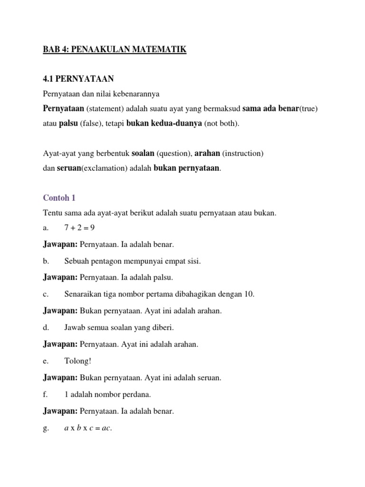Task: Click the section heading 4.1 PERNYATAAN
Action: coord(79,78)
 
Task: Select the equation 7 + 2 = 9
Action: coord(79,227)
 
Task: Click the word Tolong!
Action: coord(77,361)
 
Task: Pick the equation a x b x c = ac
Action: coord(88,428)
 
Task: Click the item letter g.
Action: coord(46,428)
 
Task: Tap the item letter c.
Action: coord(45,294)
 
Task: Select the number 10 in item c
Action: coord(250,294)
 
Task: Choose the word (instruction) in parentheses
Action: coord(242,154)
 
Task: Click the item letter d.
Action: coord(46,327)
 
